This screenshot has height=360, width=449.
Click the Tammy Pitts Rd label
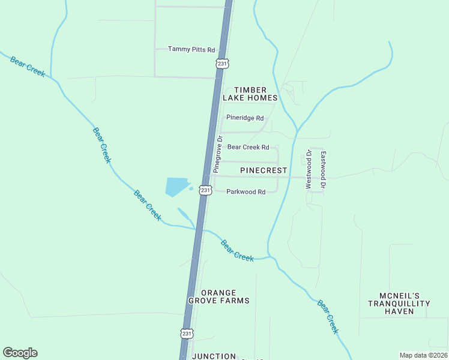coord(191,49)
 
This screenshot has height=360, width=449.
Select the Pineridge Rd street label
coord(245,118)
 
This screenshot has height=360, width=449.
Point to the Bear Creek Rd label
coord(248,147)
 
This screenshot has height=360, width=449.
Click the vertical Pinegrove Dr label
coord(218,154)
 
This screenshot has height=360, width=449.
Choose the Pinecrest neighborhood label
coord(264,170)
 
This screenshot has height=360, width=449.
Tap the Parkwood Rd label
coord(246,192)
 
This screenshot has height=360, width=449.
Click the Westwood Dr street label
coord(309,169)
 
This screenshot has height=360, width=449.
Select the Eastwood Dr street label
coord(323,169)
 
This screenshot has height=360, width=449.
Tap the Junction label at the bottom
coord(214,356)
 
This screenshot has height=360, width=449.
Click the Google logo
coord(20,353)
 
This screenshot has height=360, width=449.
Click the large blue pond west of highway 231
coord(176,187)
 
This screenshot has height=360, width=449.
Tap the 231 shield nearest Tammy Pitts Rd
coord(223,63)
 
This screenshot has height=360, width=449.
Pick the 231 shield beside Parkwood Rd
coord(206,190)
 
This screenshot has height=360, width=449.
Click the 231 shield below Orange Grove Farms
coord(187,333)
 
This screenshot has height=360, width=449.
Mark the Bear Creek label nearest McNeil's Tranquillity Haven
coord(328,317)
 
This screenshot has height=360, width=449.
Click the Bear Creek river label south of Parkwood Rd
coord(237,250)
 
